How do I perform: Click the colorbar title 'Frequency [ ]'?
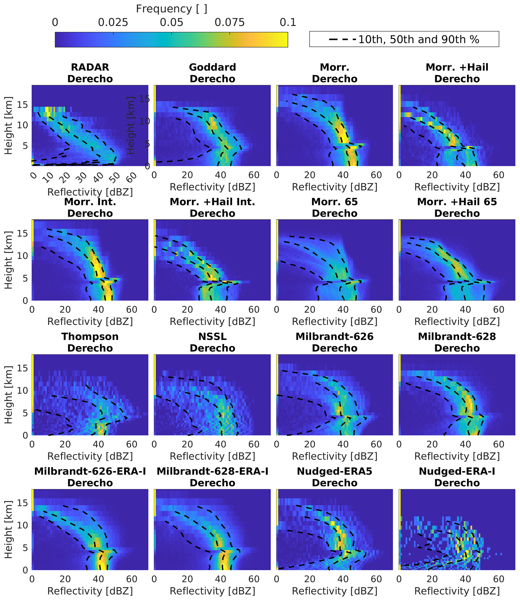click(x=172, y=9)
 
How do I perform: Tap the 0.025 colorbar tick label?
click(x=113, y=23)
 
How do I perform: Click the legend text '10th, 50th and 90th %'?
click(x=419, y=40)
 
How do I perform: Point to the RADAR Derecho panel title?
click(x=90, y=73)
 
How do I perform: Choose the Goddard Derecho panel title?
click(x=212, y=73)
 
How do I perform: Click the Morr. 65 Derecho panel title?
click(x=335, y=207)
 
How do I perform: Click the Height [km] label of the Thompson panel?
click(x=8, y=395)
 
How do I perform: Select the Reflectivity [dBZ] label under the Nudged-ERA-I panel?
click(x=457, y=591)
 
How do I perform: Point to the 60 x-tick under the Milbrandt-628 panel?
click(x=499, y=444)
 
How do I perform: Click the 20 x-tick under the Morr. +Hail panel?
click(x=432, y=175)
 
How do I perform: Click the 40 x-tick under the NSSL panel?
click(x=221, y=444)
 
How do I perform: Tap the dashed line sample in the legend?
click(x=342, y=40)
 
